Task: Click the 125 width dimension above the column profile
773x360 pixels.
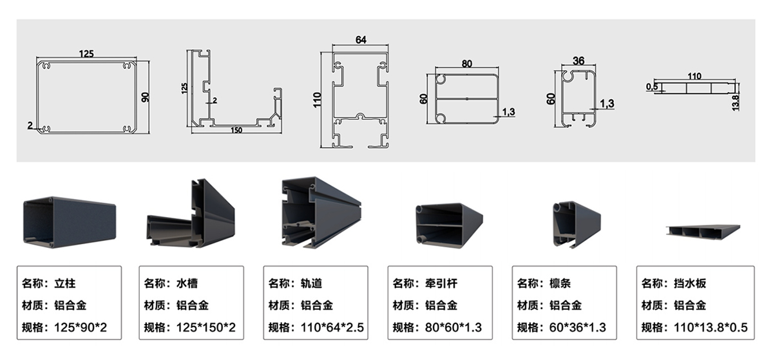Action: (86, 54)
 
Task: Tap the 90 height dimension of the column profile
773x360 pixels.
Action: (146, 97)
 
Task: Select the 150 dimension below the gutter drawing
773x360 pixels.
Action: (236, 130)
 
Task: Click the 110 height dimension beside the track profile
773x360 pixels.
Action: (316, 100)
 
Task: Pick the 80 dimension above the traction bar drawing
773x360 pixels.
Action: (466, 63)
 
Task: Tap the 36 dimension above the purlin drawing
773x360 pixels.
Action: (578, 61)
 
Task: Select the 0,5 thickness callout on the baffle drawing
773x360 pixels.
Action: (653, 86)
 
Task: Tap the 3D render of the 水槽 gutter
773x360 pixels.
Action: (191, 216)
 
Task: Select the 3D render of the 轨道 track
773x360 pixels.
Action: (320, 213)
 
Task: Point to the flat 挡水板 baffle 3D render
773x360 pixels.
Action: (703, 230)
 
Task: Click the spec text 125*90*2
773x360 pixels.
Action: (79, 327)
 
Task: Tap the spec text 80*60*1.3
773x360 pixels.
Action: (453, 327)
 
